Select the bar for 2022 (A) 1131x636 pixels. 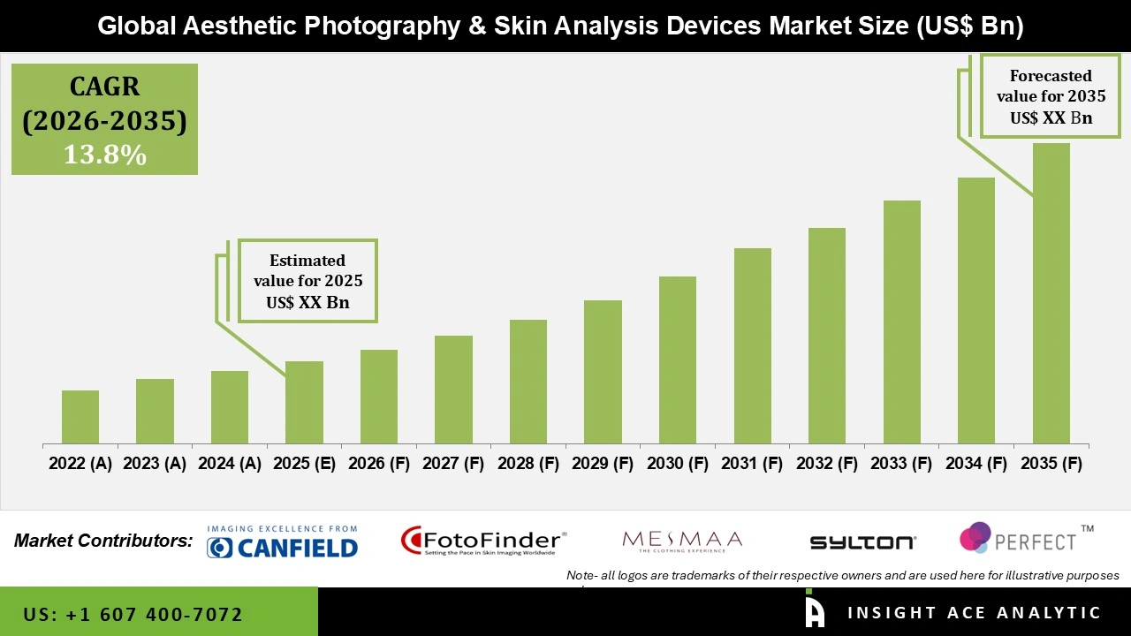[x=80, y=417]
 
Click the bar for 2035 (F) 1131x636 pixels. [x=1051, y=293]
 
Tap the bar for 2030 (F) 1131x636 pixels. [x=678, y=360]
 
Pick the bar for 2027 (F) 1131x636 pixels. [x=453, y=390]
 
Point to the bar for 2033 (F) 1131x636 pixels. [x=901, y=322]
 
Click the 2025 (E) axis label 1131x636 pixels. [x=304, y=464]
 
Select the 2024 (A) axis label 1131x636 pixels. [x=230, y=464]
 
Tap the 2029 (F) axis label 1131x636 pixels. [x=603, y=464]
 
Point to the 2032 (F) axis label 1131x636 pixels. [x=827, y=464]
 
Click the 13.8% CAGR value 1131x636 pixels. [x=104, y=155]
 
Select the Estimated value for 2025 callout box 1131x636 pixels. [x=307, y=281]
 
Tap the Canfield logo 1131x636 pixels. [x=282, y=542]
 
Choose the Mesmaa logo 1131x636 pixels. [x=682, y=541]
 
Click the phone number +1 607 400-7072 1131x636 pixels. [x=133, y=614]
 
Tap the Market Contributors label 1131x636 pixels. [x=103, y=541]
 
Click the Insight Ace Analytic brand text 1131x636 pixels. [x=974, y=613]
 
